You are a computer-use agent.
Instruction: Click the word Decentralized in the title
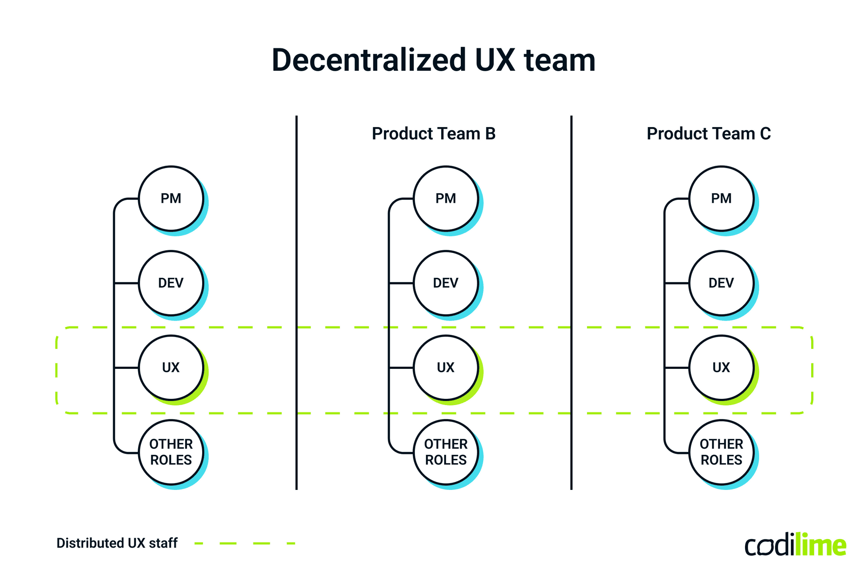pos(369,60)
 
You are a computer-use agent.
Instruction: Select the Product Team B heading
pos(434,134)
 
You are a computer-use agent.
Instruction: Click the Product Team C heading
pos(709,134)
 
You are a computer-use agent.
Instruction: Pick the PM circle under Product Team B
pos(446,199)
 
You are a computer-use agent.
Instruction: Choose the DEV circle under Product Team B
pos(446,283)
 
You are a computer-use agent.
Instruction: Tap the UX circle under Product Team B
pos(446,368)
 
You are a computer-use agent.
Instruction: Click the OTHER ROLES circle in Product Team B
pos(446,452)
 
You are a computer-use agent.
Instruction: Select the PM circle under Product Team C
pos(721,199)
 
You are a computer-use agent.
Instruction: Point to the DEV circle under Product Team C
pos(721,283)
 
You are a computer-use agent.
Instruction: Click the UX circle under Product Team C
pos(721,368)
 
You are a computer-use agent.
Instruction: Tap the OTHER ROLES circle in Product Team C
pos(721,452)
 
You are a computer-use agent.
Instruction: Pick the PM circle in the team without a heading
pos(171,199)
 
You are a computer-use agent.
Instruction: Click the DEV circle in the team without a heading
pos(171,283)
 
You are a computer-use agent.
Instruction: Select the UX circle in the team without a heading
pos(171,368)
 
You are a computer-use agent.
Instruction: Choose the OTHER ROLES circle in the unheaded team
pos(171,452)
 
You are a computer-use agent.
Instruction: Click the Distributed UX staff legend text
pos(117,543)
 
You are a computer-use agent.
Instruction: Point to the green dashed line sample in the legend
pos(245,543)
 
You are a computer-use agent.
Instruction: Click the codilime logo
pos(796,545)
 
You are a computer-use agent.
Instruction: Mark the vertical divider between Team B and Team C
pos(571,254)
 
